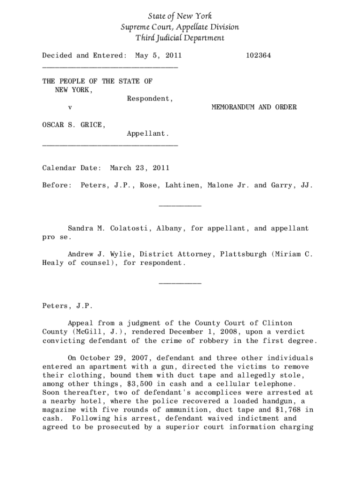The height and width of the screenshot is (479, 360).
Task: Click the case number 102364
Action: (258, 56)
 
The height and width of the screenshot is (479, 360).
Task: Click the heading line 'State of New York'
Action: (180, 16)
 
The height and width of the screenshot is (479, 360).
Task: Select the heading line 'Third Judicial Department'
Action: (180, 38)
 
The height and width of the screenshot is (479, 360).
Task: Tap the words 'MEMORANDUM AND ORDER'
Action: (254, 108)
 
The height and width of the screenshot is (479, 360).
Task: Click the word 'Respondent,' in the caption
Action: (150, 99)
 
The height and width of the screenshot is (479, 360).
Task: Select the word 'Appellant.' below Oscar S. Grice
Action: (148, 134)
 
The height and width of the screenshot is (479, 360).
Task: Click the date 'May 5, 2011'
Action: (158, 56)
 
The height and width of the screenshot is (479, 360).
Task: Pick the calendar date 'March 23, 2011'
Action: (139, 167)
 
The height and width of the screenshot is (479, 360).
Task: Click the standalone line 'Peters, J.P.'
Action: (68, 306)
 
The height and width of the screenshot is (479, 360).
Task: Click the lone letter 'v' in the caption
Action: (70, 108)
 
